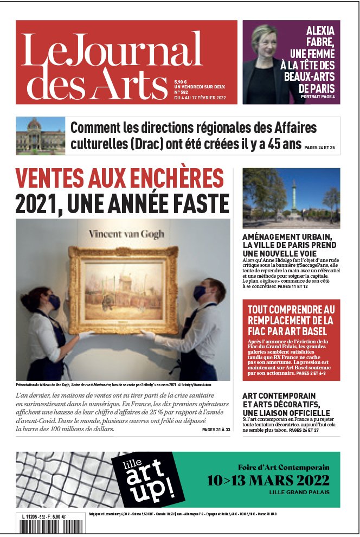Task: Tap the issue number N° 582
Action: click(x=183, y=92)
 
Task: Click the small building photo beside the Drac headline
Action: click(x=40, y=136)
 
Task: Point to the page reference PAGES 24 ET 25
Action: click(x=319, y=148)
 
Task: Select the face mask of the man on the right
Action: click(x=199, y=293)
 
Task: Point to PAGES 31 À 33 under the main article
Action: click(x=216, y=430)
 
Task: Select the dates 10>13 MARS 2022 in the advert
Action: click(x=268, y=481)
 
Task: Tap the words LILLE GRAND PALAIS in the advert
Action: click(x=299, y=493)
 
